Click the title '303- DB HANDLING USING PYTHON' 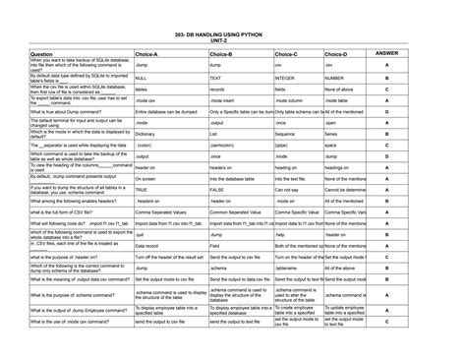coord(232,32)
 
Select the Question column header coord(42,54)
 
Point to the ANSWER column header coord(386,53)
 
